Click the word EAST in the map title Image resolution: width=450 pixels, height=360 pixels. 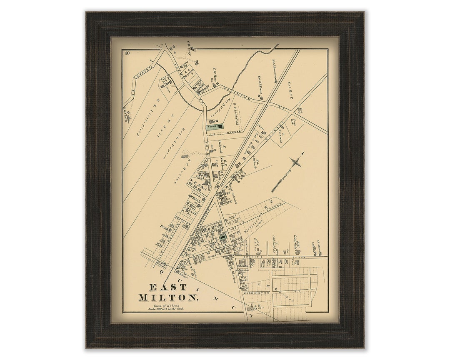(162, 287)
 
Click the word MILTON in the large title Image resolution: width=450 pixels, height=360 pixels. (168, 297)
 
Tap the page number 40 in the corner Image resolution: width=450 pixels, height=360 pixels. (127, 53)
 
